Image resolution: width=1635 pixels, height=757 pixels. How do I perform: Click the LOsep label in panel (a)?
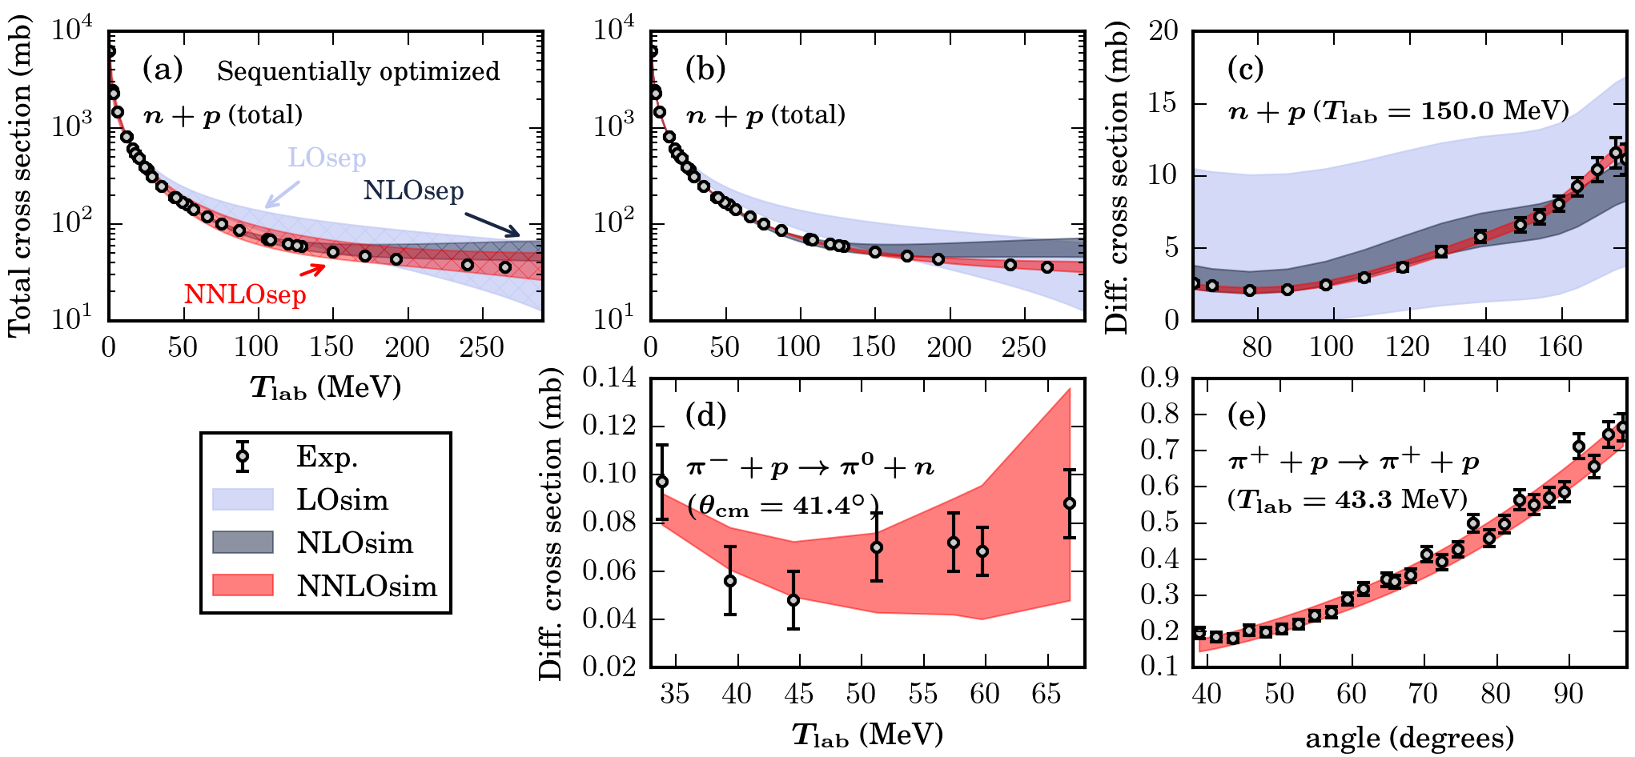pos(327,158)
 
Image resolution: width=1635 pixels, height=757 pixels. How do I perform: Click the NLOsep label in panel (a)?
pos(413,190)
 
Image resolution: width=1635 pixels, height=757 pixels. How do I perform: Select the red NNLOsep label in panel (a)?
pos(245,294)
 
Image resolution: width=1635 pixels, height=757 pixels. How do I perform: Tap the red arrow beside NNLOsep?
pos(313,270)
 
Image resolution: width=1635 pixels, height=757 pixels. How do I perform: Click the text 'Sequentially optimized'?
pos(358,71)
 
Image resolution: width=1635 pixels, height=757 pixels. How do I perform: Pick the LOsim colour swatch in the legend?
pos(243,499)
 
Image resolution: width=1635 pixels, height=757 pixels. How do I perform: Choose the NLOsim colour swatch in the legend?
pos(243,543)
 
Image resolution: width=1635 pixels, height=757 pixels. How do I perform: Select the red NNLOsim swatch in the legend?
pos(243,586)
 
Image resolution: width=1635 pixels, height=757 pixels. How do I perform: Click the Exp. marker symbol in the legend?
pos(243,457)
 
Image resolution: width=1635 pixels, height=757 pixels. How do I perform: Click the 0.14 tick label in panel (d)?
pos(609,378)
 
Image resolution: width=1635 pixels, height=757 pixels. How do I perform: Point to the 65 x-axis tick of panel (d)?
pos(1046,693)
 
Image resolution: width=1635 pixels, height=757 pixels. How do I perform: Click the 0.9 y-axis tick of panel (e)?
pos(1160,378)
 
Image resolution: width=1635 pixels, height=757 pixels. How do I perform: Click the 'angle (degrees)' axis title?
pos(1410,737)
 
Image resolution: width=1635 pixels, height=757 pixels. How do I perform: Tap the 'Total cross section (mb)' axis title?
pos(19,176)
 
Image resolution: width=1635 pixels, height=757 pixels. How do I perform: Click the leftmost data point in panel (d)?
pos(662,482)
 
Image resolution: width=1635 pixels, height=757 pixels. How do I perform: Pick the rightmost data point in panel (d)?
pos(1070,503)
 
